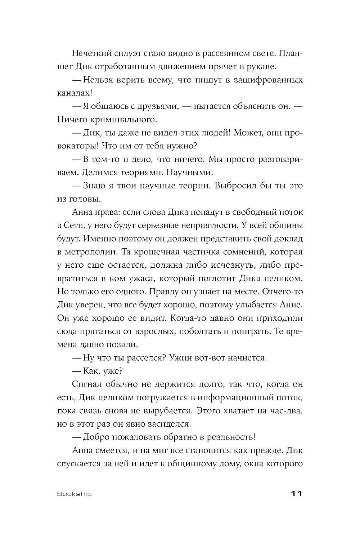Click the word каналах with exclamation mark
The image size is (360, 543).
pos(72,93)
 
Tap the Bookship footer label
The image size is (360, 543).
pos(75,494)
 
